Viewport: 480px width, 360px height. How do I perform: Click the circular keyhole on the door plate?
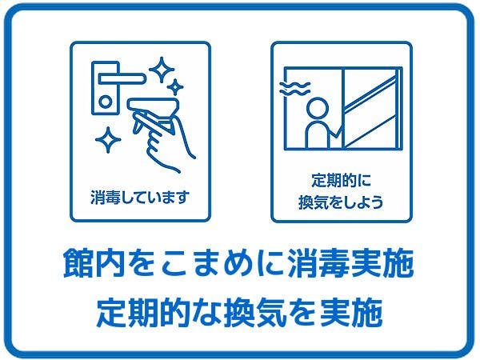pyautogui.click(x=106, y=102)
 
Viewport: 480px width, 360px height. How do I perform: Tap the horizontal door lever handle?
pyautogui.click(x=122, y=78)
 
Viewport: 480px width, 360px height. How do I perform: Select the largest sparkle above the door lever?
pyautogui.click(x=162, y=70)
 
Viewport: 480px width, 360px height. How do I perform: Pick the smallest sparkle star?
pyautogui.click(x=175, y=87)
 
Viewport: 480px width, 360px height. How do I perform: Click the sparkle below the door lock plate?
pyautogui.click(x=108, y=140)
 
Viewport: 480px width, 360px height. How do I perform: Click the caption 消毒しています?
pyautogui.click(x=140, y=197)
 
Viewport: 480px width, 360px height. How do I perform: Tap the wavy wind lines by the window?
pyautogui.click(x=294, y=89)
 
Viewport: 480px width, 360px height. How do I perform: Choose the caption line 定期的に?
pyautogui.click(x=342, y=180)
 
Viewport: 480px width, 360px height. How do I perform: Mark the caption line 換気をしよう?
pyautogui.click(x=341, y=202)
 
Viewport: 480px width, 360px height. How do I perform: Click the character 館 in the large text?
pyautogui.click(x=78, y=263)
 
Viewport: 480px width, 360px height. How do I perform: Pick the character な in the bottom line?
pyautogui.click(x=206, y=313)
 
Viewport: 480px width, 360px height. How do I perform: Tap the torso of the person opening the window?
pyautogui.click(x=318, y=135)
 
